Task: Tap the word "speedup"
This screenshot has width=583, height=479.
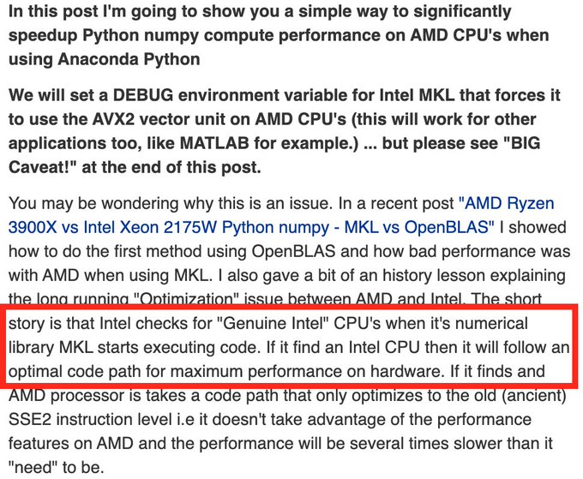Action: (46, 36)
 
